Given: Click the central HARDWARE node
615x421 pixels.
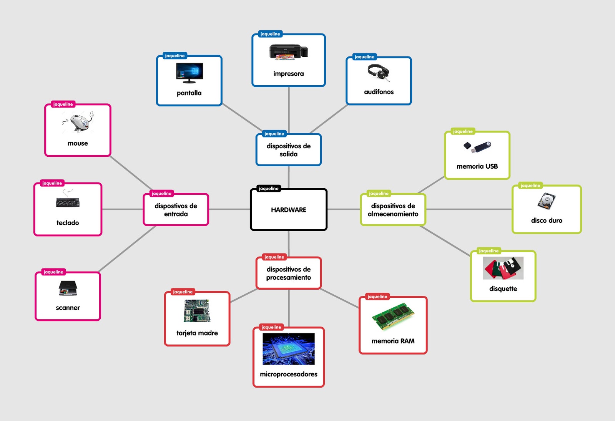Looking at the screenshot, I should click(x=288, y=210).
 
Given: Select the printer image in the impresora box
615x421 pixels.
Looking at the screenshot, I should click(x=288, y=52).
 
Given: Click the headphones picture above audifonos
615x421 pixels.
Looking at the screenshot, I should click(x=378, y=72).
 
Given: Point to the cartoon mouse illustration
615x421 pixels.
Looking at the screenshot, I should click(x=78, y=122).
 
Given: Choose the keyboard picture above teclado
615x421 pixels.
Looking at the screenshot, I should click(x=68, y=201).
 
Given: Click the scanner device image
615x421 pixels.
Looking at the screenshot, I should click(x=68, y=288).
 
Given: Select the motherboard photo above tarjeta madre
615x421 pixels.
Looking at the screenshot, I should click(x=197, y=311).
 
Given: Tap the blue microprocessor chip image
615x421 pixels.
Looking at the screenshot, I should click(x=288, y=349).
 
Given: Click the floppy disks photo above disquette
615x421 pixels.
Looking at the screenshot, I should click(x=503, y=268).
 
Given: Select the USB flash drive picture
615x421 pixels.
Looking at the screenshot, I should click(x=477, y=147).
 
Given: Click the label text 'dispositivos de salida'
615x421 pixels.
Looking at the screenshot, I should click(x=288, y=150).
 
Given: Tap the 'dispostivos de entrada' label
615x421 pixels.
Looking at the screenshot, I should click(x=176, y=210).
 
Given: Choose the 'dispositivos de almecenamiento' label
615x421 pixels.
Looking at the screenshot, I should click(x=393, y=210).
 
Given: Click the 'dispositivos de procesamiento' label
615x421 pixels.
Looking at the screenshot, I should click(x=288, y=273).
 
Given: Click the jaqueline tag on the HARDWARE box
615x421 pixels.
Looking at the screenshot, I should click(x=268, y=189).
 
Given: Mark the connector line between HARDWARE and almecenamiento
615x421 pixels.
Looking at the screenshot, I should click(x=343, y=209).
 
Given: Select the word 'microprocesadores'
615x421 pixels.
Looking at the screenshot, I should click(x=288, y=374).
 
